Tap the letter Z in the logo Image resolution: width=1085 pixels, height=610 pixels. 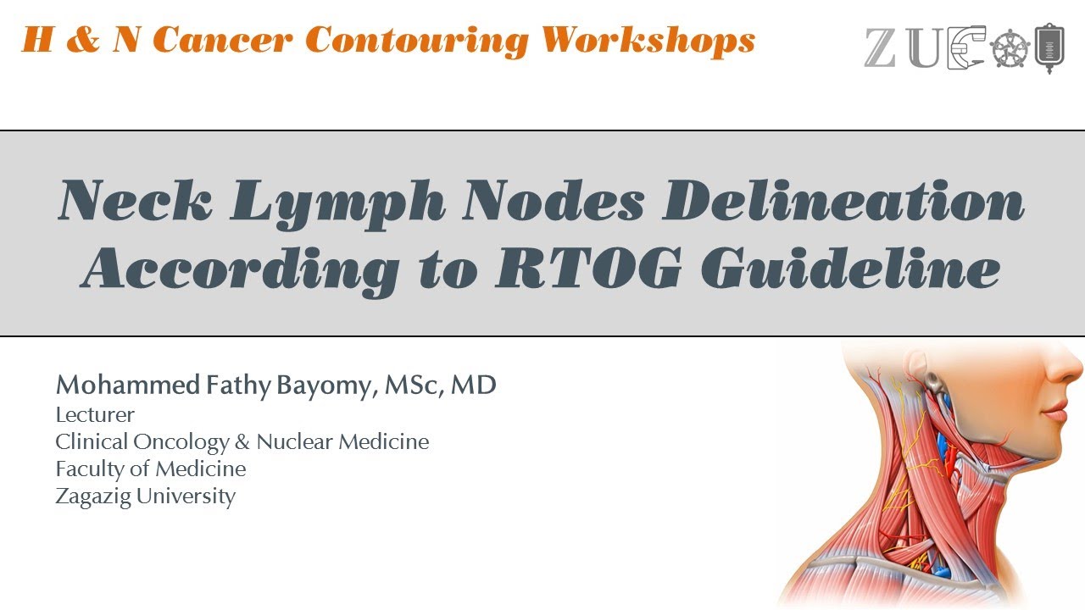coord(881,48)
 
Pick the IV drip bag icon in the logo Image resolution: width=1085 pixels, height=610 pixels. coord(1050,47)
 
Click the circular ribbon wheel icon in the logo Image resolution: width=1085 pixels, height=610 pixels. coord(1010,49)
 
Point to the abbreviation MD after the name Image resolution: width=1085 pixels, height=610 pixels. coord(473,385)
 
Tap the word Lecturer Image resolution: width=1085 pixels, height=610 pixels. coord(95,415)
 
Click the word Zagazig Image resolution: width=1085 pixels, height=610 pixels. coord(92,496)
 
